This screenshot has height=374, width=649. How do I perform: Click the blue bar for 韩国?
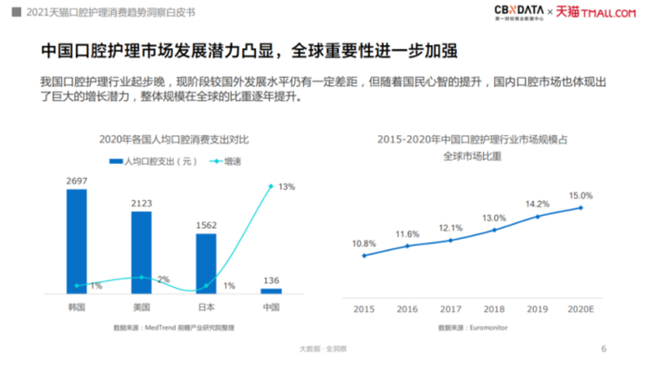click(76, 241)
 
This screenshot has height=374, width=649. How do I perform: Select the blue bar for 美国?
click(141, 252)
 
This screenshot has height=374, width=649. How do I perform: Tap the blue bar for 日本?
click(206, 263)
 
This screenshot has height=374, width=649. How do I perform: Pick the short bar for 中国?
click(271, 292)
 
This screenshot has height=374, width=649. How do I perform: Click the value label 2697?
click(76, 181)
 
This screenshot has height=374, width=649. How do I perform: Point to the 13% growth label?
click(286, 186)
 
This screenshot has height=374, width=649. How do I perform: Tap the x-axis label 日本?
click(206, 306)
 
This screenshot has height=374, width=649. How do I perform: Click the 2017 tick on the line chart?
click(451, 308)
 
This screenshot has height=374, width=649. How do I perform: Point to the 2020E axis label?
click(581, 308)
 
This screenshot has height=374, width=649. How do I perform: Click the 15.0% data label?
click(580, 195)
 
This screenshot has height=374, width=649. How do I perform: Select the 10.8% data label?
click(363, 243)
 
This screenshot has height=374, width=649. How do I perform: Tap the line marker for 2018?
click(494, 230)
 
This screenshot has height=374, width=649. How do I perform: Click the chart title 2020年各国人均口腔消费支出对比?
click(175, 139)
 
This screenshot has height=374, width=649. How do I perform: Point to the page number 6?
click(604, 349)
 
